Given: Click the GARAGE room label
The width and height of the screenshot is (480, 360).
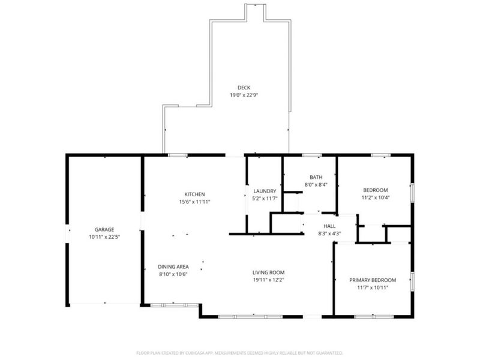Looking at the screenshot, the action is [x=104, y=229].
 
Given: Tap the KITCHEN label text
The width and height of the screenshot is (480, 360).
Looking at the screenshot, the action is [x=194, y=194].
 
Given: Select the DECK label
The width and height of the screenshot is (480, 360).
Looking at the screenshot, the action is [x=244, y=88].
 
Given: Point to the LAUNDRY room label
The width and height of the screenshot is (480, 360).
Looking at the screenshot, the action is [x=265, y=191].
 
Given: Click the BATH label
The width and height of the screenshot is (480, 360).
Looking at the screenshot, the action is [x=316, y=177].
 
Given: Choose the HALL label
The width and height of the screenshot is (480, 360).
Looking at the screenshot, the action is [x=329, y=226].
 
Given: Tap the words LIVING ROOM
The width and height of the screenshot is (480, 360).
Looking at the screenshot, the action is [x=268, y=272].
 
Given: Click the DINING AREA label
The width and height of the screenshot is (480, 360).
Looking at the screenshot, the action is [x=173, y=267].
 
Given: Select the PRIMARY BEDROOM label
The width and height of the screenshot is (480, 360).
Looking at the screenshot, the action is [x=373, y=280].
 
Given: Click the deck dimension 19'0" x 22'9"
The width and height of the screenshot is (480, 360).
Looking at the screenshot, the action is [x=244, y=95].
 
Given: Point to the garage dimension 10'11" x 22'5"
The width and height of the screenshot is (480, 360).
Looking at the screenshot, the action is [x=104, y=237].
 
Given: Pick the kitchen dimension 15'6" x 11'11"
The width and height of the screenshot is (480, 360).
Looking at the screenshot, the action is [x=194, y=202].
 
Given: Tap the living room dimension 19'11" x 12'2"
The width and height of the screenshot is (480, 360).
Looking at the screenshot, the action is [x=268, y=280].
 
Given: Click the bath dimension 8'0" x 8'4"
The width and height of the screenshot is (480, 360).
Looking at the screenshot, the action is [x=316, y=185].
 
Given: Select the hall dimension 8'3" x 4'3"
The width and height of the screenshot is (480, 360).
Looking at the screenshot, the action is [x=329, y=233].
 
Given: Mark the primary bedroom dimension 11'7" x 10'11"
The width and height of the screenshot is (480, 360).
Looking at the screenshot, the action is [x=373, y=287].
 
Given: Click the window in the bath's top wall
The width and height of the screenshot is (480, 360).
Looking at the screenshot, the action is [x=312, y=155].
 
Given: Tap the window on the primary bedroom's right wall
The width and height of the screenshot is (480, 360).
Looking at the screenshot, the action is [x=412, y=281].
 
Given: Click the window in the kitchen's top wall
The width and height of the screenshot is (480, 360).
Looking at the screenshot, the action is [x=178, y=155].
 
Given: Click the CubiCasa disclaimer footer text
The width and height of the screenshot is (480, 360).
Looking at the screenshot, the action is [x=239, y=353].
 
